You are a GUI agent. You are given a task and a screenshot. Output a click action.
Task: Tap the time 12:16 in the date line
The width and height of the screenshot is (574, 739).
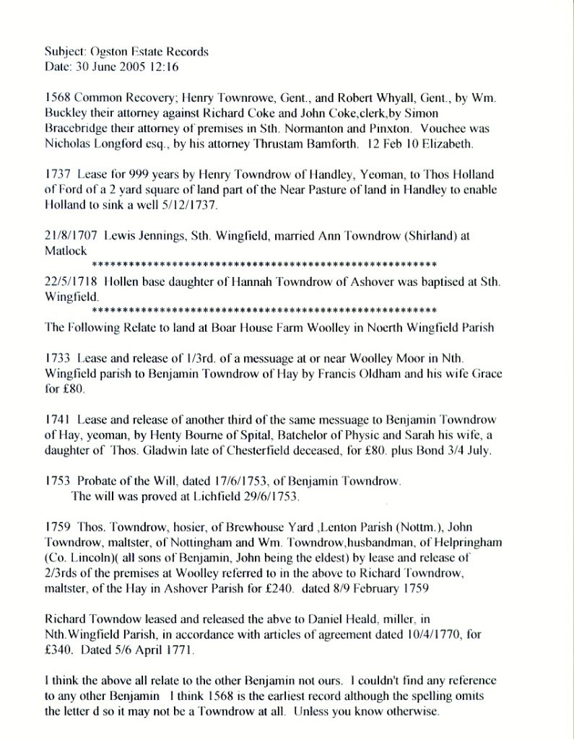point(163,67)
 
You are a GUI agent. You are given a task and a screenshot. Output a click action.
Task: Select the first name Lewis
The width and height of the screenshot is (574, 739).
point(120,235)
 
